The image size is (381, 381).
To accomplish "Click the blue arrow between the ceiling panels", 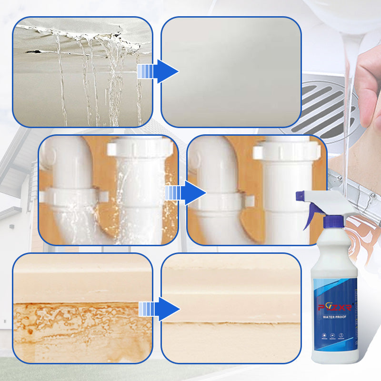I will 164,71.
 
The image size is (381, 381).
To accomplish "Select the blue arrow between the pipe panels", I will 192,193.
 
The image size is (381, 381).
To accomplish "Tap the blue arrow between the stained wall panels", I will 165,309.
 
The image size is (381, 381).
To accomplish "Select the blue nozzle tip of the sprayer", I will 300,195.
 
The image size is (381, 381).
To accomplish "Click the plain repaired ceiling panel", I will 231,71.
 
